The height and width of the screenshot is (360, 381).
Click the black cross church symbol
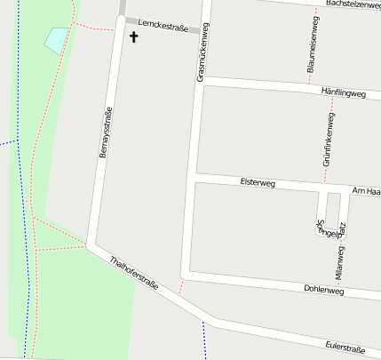tap(135, 37)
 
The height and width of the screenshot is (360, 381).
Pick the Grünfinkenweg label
tap(328, 140)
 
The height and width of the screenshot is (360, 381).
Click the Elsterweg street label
tap(258, 182)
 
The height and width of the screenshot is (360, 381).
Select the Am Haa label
tap(366, 191)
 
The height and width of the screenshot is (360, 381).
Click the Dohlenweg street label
tap(323, 290)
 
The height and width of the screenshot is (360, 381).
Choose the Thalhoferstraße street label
tap(134, 274)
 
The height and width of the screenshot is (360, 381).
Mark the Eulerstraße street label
tap(345, 347)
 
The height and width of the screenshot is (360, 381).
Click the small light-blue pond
tap(56, 40)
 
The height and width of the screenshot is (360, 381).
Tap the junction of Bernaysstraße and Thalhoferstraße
tap(92, 242)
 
